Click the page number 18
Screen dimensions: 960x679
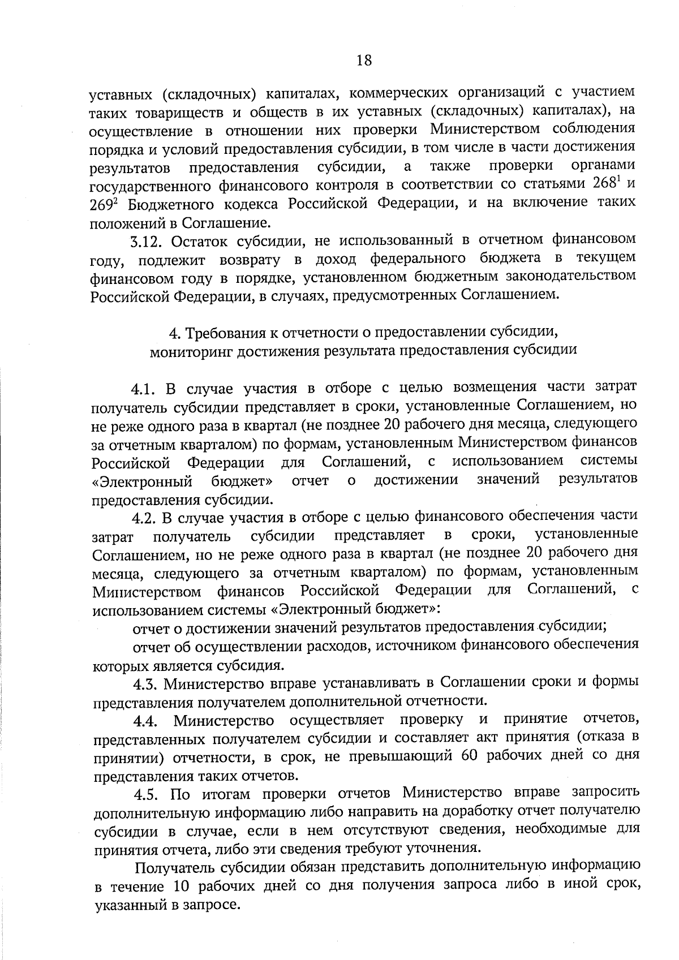(x=364, y=60)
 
